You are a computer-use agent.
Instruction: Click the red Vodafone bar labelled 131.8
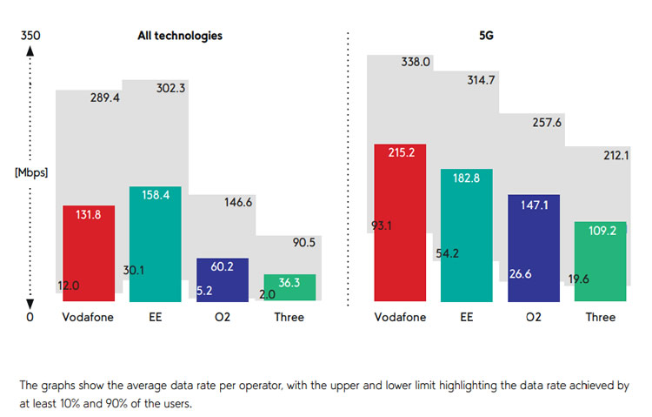point(89,253)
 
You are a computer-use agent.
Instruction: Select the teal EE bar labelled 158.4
point(156,244)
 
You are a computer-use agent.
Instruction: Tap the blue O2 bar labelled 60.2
point(223,279)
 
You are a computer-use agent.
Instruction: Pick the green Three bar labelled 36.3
point(289,288)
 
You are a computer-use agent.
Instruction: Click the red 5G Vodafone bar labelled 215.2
point(400,222)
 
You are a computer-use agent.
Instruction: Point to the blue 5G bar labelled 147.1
point(534,248)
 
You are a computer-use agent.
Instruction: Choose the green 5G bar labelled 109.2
point(601,261)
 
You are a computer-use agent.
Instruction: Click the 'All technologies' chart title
point(180,36)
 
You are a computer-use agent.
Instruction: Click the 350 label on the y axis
point(30,36)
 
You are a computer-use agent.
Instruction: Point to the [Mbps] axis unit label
point(31,172)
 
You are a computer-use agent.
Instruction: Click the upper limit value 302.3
point(170,88)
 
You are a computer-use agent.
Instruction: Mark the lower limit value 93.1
point(381,226)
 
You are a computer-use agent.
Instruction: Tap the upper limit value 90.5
point(304,242)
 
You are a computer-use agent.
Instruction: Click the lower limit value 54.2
point(449,254)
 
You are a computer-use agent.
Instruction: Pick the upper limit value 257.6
point(548,123)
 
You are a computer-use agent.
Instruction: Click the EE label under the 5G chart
point(467,317)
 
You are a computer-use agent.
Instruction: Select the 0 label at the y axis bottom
point(30,317)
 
